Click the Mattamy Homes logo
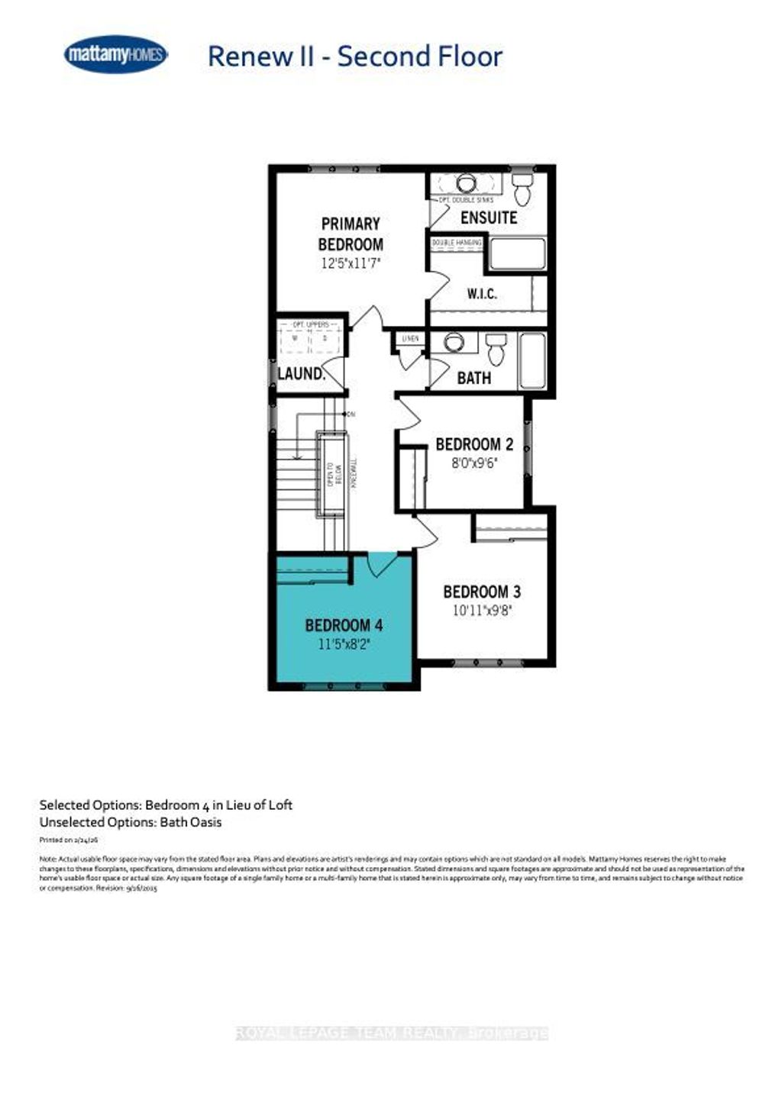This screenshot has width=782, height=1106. [115, 55]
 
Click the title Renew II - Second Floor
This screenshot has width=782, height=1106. [355, 56]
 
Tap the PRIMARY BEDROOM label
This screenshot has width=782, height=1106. [351, 234]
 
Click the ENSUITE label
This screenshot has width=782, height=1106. [489, 218]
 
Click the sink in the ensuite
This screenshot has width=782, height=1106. [467, 184]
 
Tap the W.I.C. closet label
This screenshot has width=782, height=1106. [482, 293]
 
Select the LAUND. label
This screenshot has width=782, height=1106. [301, 374]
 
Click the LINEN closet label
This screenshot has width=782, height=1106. [411, 338]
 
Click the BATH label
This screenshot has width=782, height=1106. [473, 378]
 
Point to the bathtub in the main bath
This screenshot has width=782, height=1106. [532, 360]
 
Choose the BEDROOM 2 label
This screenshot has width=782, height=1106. [473, 444]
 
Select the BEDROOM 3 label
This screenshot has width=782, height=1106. [482, 592]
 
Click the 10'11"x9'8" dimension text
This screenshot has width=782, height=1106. [482, 611]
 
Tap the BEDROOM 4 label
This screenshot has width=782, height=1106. [344, 626]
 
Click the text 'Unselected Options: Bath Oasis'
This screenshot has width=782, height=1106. [131, 822]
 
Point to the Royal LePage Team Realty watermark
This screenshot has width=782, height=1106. [392, 1033]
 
